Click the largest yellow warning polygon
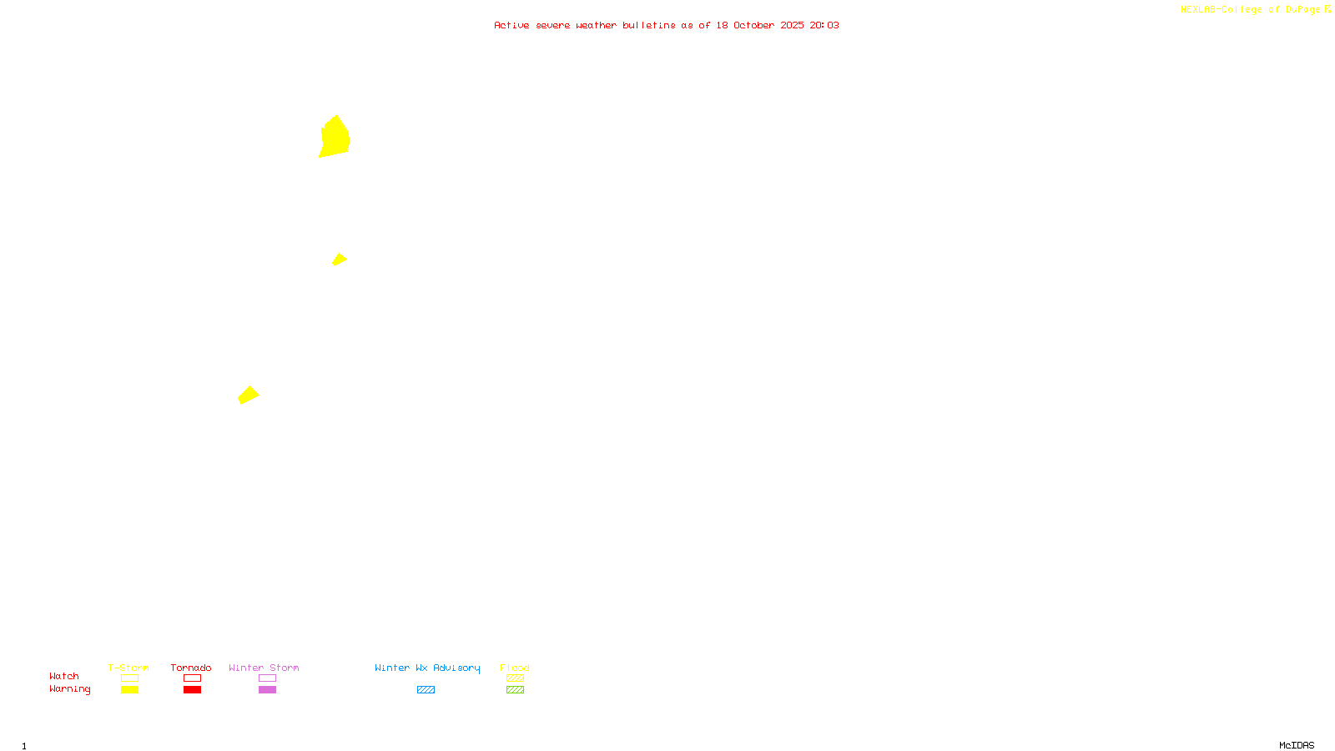334,137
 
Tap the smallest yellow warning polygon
339,260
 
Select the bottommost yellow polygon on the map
248,395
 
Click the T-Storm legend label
128,668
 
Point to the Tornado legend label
191,668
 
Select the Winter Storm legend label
264,668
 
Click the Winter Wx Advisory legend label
427,668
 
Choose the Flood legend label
515,668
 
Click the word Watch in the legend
64,676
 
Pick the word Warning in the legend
69,689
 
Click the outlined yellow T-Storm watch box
129,678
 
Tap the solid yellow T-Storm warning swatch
129,690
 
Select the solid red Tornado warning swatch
192,690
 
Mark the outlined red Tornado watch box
192,678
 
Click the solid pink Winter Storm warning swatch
267,690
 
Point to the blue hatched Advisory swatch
426,690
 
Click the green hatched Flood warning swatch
515,690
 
